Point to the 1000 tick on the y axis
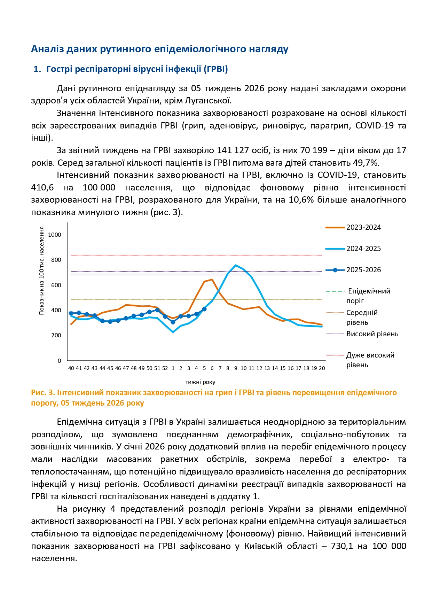coord(55,235)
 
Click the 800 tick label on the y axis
coord(56,260)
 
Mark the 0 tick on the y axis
coord(59,361)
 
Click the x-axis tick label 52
coord(165,368)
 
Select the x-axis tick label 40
coord(71,368)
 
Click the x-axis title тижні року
coord(200,382)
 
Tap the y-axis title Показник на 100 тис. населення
coord(42,271)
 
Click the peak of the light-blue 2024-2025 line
coord(236,265)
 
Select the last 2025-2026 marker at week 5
coord(204,309)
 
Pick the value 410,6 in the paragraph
coord(42,187)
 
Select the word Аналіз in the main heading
coord(47,49)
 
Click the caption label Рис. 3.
coord(43,392)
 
